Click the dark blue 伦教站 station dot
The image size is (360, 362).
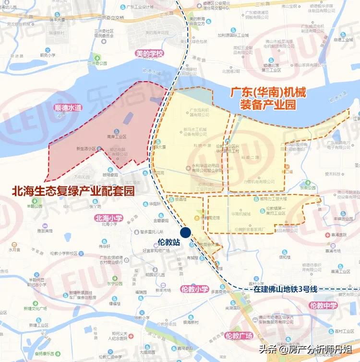pos(186,231)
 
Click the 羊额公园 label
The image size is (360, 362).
pos(35,206)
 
